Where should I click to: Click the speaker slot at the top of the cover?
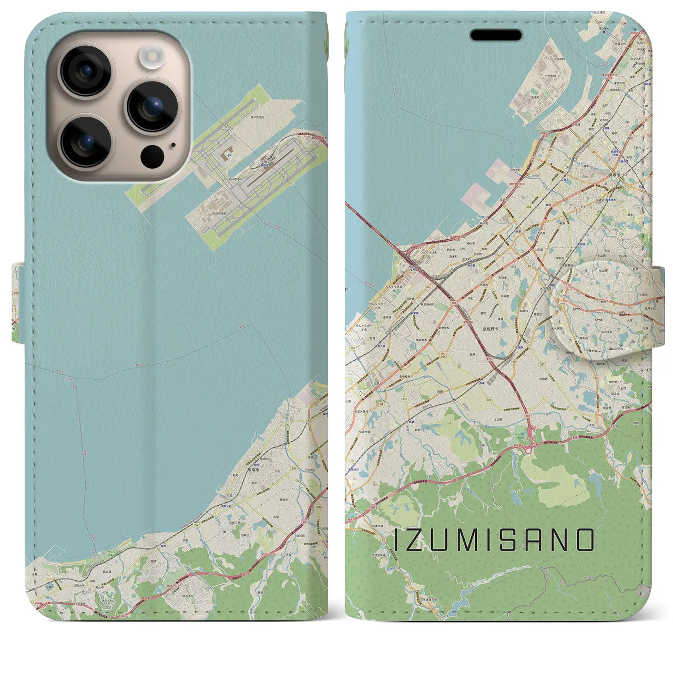point(495,35)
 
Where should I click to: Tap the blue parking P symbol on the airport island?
point(230,156)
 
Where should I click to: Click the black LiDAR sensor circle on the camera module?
point(152,156)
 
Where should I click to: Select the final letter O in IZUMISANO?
point(585,540)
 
